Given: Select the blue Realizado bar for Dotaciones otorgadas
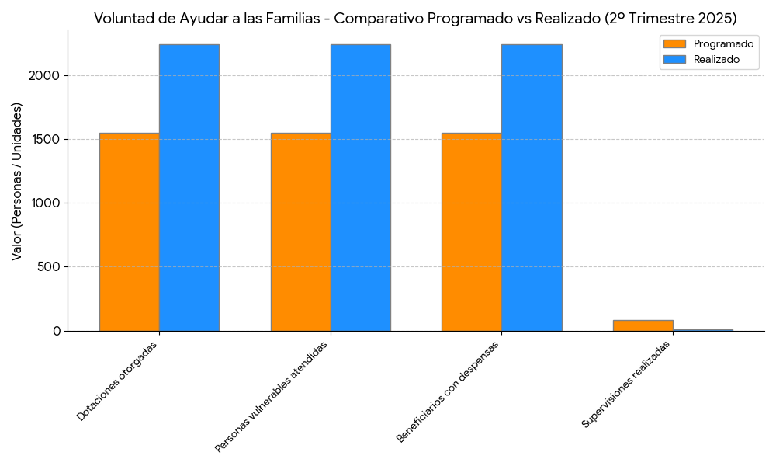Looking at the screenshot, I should pos(189,187).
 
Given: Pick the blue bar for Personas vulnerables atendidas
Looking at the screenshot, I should pos(361,187).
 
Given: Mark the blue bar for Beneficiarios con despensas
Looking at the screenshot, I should pos(532,187).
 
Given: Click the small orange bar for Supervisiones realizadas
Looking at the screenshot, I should pos(643,325).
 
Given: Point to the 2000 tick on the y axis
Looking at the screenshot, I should pos(46,76).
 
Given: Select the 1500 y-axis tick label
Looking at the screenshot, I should pos(46,140).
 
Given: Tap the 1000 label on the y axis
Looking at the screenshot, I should pos(46,203).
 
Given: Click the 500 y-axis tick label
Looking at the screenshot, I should pos(50,267).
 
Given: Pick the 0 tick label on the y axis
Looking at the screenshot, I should pos(57,331).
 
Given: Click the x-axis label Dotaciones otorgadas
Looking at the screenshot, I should pos(117,381).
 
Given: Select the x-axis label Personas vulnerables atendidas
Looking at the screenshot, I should pos(271,397).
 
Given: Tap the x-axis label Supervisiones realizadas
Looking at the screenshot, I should pos(625,384).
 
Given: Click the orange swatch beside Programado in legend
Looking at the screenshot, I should pos(674,44).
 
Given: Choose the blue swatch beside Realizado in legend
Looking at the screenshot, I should pos(674,59).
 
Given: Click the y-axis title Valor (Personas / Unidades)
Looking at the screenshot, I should pos(17,180).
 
